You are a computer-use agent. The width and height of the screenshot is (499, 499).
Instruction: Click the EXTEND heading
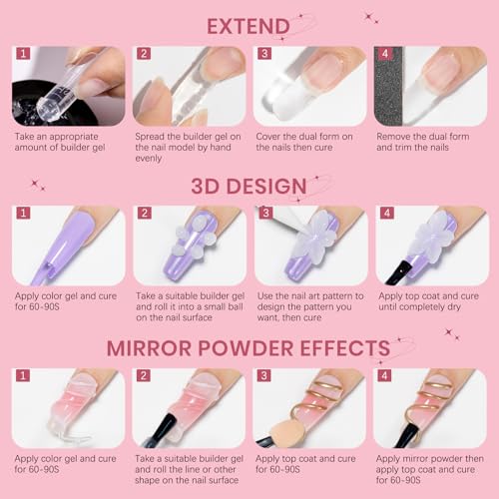249,24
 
